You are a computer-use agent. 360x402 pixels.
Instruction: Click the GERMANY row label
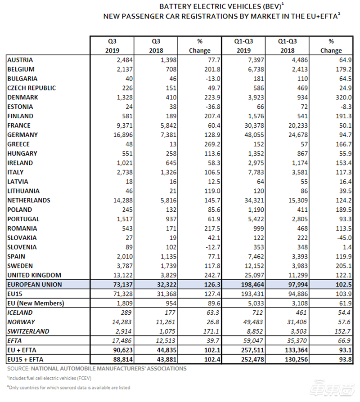click(22, 135)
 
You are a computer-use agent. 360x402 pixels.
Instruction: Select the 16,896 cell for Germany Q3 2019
click(123, 135)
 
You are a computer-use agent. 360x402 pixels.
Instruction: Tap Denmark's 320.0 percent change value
click(344, 98)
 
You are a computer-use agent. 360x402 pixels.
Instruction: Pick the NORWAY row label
click(21, 322)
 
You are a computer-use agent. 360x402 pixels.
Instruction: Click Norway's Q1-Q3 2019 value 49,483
click(253, 322)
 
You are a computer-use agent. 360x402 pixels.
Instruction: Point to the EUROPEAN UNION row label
click(35, 285)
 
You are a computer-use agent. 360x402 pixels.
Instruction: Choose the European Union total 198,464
click(252, 285)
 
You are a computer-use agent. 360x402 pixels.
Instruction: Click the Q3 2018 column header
click(156, 46)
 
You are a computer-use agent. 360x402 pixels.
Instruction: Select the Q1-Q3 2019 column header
click(243, 46)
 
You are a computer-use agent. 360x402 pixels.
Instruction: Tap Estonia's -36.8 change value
click(213, 107)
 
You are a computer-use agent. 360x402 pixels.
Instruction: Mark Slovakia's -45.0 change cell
click(344, 238)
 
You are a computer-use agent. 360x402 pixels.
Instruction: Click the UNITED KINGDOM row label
click(34, 275)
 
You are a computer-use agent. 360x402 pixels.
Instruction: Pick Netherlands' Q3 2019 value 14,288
click(123, 201)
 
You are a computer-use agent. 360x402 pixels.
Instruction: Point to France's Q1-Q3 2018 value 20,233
click(298, 125)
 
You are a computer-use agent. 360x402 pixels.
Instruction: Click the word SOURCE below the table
click(18, 369)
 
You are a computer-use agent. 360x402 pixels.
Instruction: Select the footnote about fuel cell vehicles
click(49, 378)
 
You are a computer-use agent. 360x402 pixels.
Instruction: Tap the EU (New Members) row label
click(36, 303)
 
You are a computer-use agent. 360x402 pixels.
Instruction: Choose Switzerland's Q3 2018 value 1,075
click(167, 331)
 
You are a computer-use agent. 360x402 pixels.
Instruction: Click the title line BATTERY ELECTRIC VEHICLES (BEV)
click(222, 6)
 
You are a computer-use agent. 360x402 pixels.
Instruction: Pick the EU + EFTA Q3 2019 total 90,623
click(123, 350)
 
